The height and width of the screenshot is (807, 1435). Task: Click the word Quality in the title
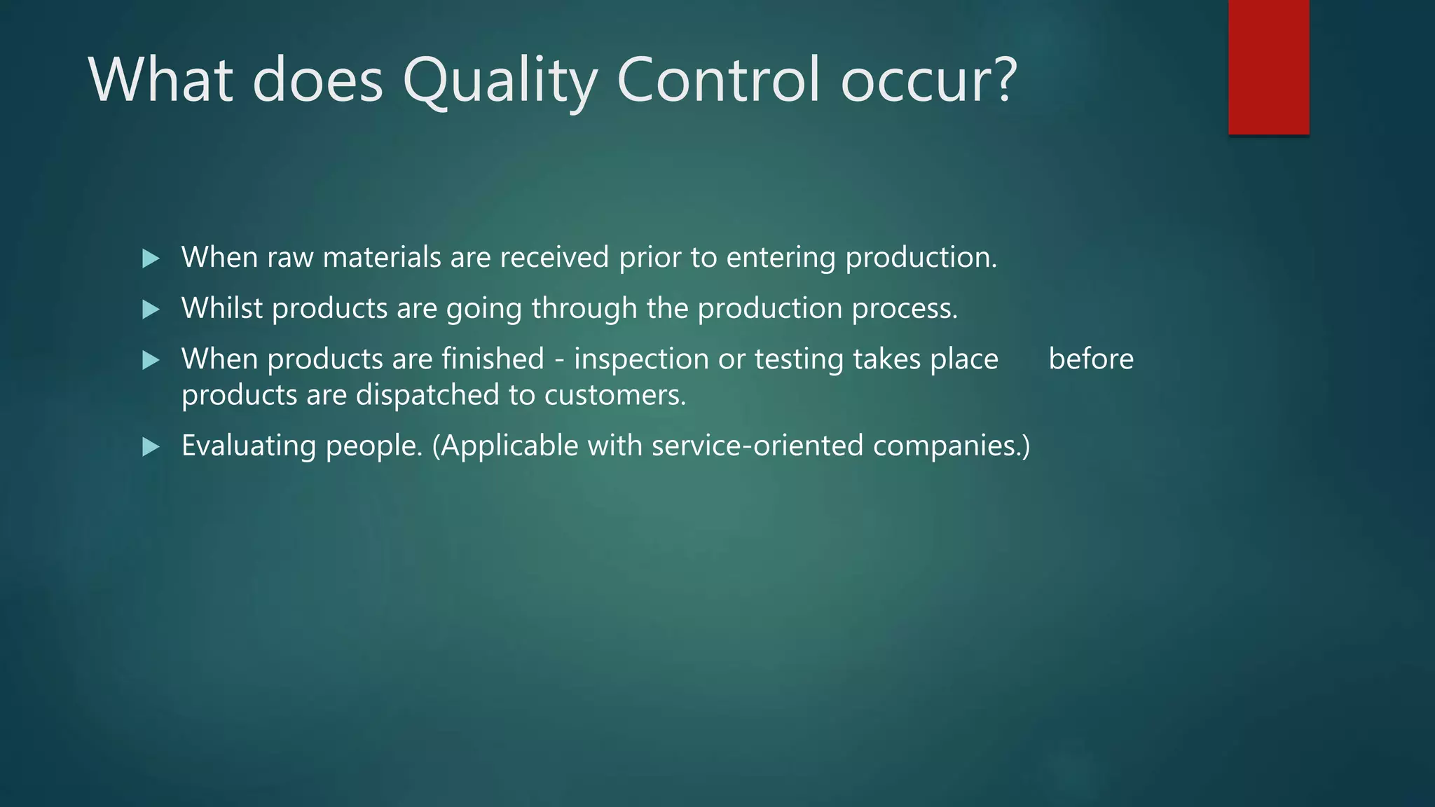tap(500, 80)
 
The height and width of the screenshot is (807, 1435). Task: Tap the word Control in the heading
tap(717, 80)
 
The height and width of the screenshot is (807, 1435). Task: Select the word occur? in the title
tap(928, 80)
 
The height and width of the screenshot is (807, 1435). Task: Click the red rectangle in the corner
tap(1268, 67)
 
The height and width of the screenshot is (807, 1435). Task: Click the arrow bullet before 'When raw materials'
tap(151, 258)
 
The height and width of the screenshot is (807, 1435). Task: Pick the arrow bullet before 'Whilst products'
tap(151, 309)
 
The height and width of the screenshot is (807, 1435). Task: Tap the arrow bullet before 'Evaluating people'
tap(151, 446)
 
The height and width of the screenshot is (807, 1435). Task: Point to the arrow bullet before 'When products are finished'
tap(151, 360)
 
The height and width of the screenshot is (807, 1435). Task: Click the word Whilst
tap(221, 308)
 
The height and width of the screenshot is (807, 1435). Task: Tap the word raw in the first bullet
tap(290, 258)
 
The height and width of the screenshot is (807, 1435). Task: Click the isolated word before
tap(1091, 359)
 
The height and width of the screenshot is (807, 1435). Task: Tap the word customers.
tap(614, 395)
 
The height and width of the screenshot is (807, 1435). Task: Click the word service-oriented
tap(757, 446)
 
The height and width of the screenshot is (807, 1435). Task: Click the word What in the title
tap(160, 80)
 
